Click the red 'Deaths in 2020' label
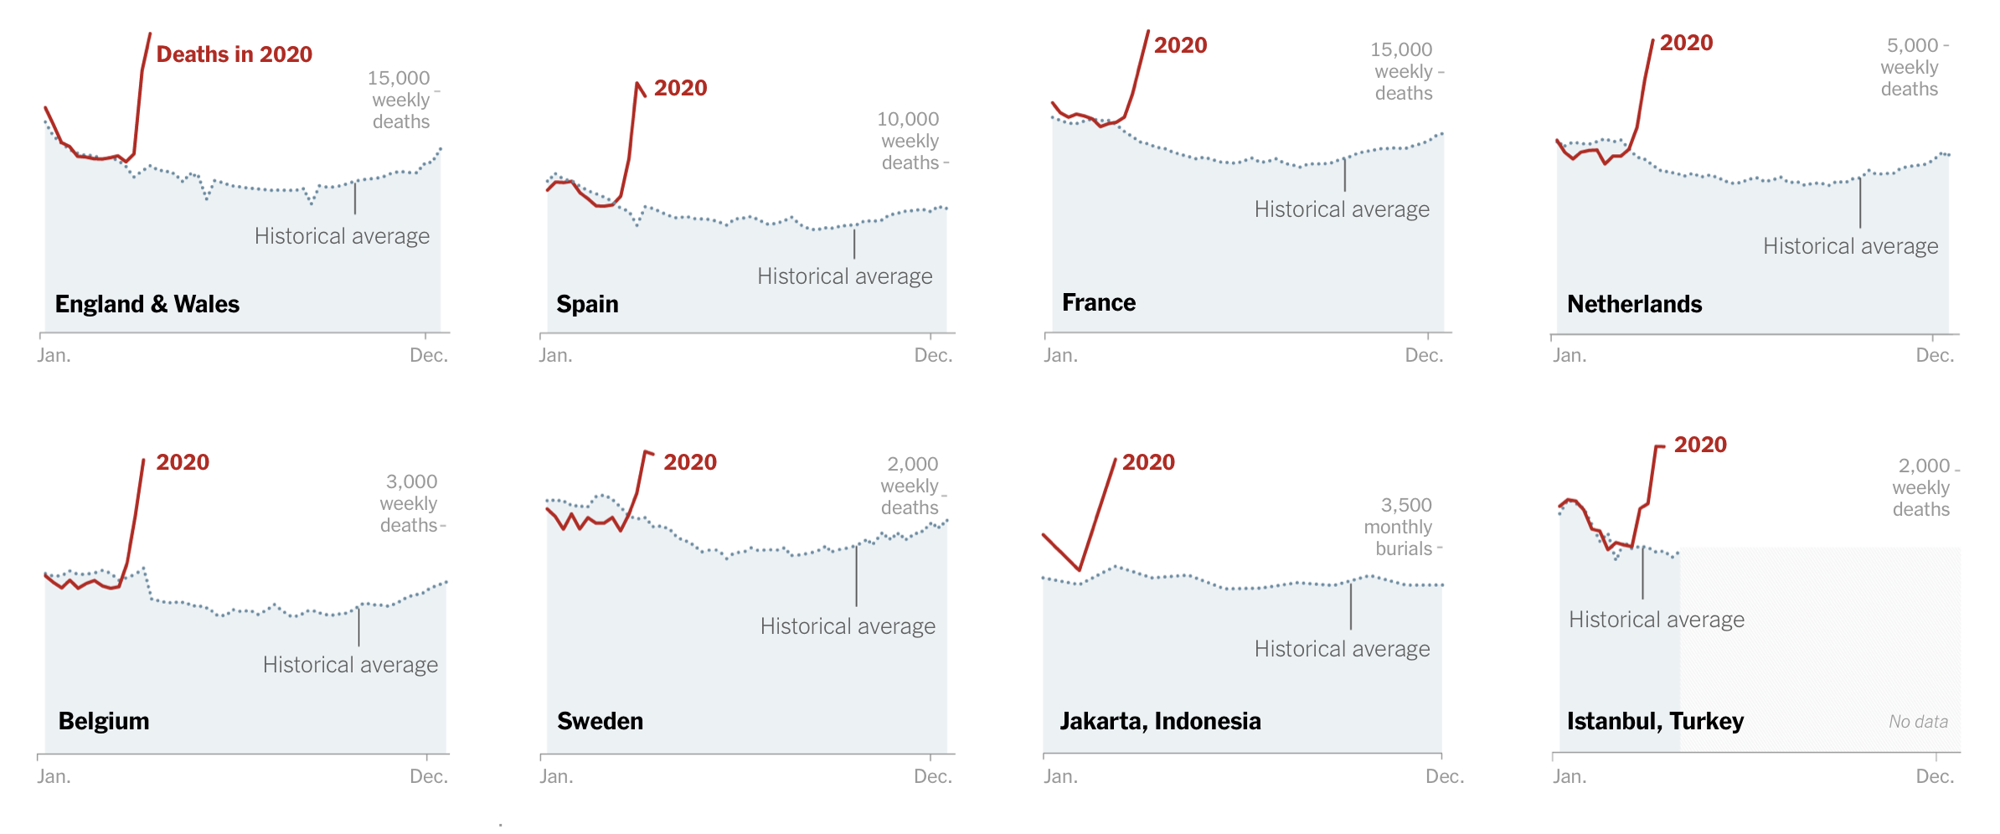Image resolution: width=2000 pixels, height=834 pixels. [234, 54]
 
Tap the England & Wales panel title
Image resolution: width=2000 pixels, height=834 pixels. [147, 304]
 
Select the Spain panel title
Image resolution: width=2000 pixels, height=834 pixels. [587, 304]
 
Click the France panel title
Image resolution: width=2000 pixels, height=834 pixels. [1099, 302]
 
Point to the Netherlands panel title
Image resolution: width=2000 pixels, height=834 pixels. [1634, 304]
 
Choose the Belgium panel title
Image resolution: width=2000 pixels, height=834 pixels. [104, 721]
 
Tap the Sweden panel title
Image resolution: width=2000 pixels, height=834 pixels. [600, 721]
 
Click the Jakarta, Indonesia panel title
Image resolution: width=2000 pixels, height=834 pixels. [1160, 721]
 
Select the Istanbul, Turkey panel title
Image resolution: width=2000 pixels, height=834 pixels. [1655, 721]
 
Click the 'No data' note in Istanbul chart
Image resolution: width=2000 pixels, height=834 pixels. [1918, 722]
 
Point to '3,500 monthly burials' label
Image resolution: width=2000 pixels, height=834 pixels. [1398, 527]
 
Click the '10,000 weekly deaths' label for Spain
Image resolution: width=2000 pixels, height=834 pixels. [910, 141]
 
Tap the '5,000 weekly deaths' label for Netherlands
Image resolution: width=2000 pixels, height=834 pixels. [1910, 67]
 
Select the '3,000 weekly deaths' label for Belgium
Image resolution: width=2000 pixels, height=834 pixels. [410, 503]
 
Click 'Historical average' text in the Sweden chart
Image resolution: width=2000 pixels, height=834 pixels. [848, 626]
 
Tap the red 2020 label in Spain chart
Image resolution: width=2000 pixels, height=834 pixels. [680, 88]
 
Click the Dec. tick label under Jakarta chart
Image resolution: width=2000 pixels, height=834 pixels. [1445, 776]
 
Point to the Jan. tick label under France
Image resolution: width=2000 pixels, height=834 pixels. [1060, 355]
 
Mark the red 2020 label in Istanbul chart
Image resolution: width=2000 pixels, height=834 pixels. [1700, 445]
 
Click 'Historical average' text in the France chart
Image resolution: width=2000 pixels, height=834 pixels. [1342, 209]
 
